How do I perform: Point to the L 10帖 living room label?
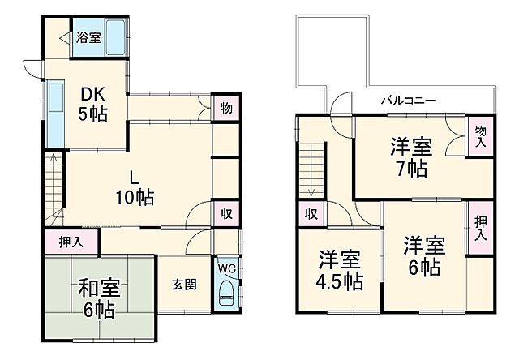[x=133, y=186]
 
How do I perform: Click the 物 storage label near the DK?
[x=226, y=109]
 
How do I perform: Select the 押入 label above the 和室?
[x=71, y=241]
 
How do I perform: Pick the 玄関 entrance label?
[x=183, y=285]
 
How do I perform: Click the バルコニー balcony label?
[x=409, y=101]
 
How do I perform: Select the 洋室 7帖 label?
[x=410, y=157]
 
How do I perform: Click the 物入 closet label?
[x=481, y=135]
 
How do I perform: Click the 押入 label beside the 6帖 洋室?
[x=480, y=229]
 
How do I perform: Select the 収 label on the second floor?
[x=311, y=214]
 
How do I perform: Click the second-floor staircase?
[x=312, y=168]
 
